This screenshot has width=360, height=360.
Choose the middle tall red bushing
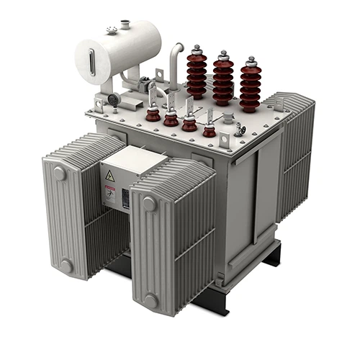point(222,79)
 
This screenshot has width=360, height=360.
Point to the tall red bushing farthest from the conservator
point(250,84)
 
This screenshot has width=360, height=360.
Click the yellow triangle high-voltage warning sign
point(110,176)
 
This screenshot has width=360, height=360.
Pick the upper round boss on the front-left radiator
point(59,174)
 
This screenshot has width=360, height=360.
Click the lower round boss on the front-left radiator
point(66,266)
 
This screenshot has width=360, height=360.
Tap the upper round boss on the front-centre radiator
point(149,204)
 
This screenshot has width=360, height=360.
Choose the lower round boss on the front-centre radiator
point(150,300)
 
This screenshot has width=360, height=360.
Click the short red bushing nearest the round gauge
point(153,114)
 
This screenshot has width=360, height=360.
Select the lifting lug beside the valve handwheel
point(225,138)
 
